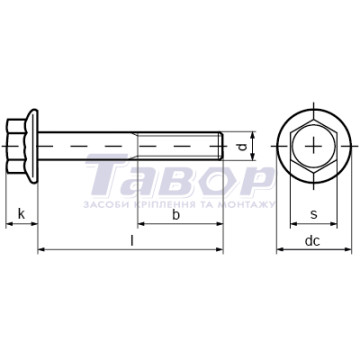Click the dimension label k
click(21, 214)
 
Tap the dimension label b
click(176, 215)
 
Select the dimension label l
click(132, 240)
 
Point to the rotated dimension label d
click(244, 146)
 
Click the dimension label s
click(314, 215)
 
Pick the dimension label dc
click(312, 241)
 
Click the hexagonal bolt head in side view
click(17, 146)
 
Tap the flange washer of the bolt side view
click(33, 146)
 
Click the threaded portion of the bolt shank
click(180, 146)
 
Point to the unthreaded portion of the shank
click(88, 146)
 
